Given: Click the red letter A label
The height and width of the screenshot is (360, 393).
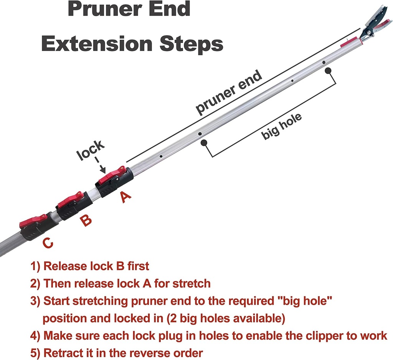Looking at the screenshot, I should pyautogui.click(x=125, y=197).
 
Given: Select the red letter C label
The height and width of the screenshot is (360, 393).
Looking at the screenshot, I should pyautogui.click(x=48, y=244).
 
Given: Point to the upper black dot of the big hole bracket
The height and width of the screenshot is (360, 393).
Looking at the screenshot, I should pyautogui.click(x=328, y=70).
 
